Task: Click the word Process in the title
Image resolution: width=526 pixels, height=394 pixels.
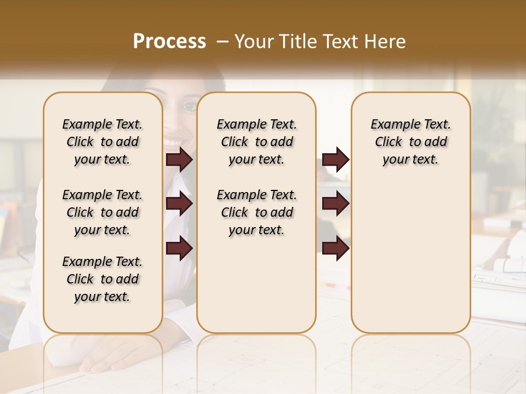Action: click(x=169, y=42)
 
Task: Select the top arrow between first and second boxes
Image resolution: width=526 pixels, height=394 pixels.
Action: click(x=179, y=160)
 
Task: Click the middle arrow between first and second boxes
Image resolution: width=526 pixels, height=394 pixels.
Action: click(x=179, y=204)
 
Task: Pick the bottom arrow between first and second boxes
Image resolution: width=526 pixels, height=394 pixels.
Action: click(x=179, y=248)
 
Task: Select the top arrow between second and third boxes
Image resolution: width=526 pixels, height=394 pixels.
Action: click(x=335, y=160)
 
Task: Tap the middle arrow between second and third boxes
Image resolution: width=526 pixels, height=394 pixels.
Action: click(x=335, y=204)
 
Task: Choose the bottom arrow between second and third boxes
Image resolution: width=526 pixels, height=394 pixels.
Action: click(x=335, y=248)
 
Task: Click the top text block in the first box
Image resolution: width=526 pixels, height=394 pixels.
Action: click(x=102, y=142)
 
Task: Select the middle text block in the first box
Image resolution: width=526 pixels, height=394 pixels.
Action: click(x=102, y=212)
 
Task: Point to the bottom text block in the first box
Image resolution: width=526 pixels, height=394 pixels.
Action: click(x=102, y=279)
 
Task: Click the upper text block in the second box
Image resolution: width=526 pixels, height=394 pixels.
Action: click(x=256, y=142)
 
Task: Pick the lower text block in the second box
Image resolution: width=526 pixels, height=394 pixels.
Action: click(x=256, y=212)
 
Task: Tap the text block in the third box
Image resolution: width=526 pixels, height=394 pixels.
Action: click(x=410, y=142)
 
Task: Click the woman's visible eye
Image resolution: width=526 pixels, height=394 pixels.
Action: click(x=190, y=105)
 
